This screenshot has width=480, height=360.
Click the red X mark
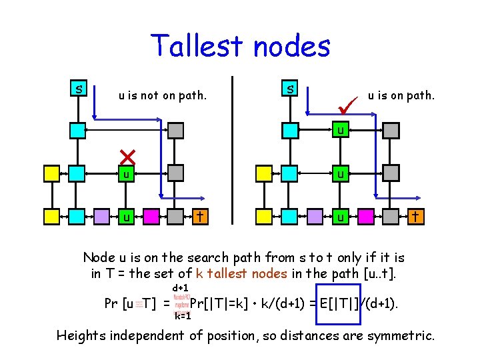[127, 157]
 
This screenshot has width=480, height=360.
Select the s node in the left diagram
[79, 88]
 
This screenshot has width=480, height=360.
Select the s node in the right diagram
[289, 88]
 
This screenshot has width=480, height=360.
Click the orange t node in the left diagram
[198, 216]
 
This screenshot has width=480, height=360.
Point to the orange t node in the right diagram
[414, 216]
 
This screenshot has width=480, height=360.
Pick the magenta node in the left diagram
[151, 216]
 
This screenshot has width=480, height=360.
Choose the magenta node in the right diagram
[365, 216]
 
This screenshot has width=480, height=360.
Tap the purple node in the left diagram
[101, 216]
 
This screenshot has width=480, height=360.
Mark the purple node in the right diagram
[315, 216]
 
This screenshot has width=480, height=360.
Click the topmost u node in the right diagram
[341, 130]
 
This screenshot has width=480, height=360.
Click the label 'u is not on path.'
[163, 96]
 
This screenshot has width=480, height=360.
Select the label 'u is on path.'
[401, 96]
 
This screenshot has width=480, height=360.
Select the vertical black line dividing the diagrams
[232, 149]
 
